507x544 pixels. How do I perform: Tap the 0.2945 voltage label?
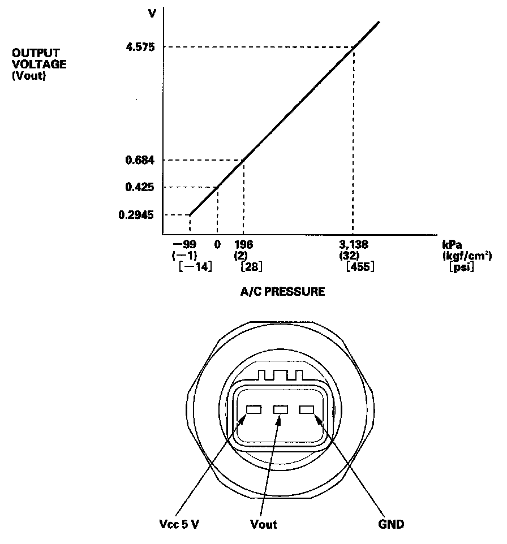pyautogui.click(x=139, y=215)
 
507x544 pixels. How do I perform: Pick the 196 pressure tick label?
pyautogui.click(x=243, y=245)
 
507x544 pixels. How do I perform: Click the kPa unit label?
pyautogui.click(x=450, y=245)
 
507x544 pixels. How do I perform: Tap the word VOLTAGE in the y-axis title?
pyautogui.click(x=39, y=64)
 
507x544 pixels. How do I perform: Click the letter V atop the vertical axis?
pyautogui.click(x=152, y=12)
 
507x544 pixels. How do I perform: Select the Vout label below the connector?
pyautogui.click(x=264, y=524)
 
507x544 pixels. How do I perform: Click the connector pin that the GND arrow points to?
pyautogui.click(x=307, y=409)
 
